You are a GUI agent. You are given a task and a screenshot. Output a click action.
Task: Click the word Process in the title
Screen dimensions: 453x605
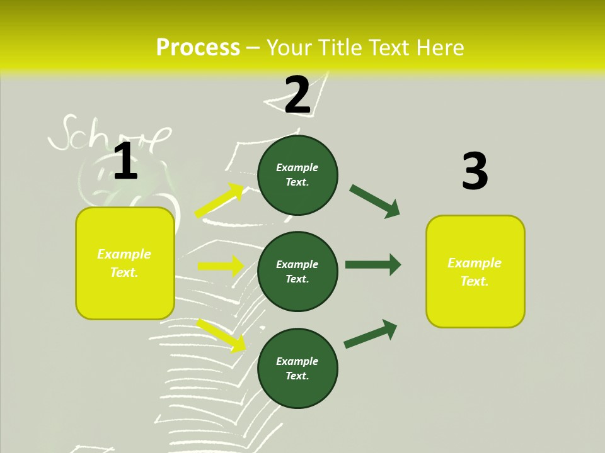pyautogui.click(x=198, y=48)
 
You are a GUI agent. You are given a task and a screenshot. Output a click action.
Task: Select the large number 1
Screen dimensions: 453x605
pyautogui.click(x=125, y=161)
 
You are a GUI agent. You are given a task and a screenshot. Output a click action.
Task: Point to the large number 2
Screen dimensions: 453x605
pyautogui.click(x=297, y=95)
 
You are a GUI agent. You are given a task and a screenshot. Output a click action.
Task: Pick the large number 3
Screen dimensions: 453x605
pyautogui.click(x=475, y=172)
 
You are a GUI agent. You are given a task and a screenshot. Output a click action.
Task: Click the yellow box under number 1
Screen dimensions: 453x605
pyautogui.click(x=125, y=263)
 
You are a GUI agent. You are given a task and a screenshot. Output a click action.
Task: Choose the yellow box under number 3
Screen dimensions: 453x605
pyautogui.click(x=475, y=271)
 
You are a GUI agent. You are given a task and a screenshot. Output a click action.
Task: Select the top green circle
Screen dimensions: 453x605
pyautogui.click(x=297, y=175)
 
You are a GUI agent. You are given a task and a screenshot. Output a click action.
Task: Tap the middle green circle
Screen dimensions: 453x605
pyautogui.click(x=297, y=271)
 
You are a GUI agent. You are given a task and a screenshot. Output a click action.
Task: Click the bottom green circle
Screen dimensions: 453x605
pyautogui.click(x=297, y=368)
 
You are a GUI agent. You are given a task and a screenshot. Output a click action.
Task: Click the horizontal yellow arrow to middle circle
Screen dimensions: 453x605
pyautogui.click(x=221, y=266)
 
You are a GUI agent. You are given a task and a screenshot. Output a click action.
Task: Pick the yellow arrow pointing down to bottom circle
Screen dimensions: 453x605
pyautogui.click(x=222, y=335)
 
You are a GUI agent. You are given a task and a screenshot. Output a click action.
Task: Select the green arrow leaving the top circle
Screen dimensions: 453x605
pyautogui.click(x=375, y=201)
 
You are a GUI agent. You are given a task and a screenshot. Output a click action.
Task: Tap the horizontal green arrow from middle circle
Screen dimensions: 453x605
pyautogui.click(x=373, y=264)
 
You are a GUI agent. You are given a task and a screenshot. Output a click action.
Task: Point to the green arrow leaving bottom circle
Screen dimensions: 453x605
pyautogui.click(x=371, y=333)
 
